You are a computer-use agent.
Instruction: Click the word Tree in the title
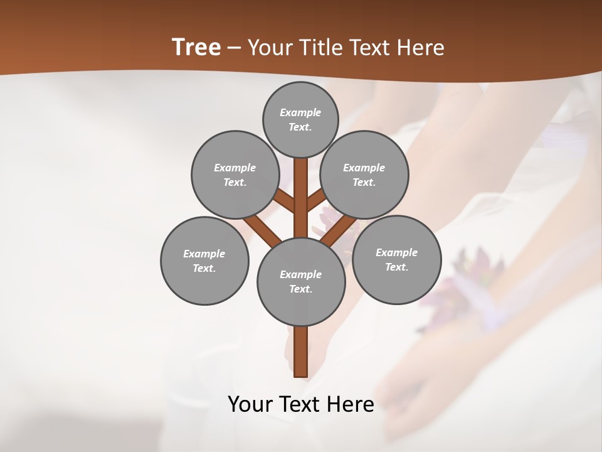click(196, 48)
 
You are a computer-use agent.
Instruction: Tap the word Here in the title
click(421, 48)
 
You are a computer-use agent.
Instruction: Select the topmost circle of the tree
click(300, 119)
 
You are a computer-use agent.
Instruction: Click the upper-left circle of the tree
click(235, 175)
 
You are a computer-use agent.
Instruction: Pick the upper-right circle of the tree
click(364, 175)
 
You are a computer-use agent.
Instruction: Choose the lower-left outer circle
click(204, 261)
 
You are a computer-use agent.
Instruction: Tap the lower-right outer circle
click(396, 259)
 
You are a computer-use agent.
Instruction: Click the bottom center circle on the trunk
click(301, 281)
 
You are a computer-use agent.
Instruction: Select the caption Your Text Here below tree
click(301, 404)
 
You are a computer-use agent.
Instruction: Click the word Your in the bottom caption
click(251, 404)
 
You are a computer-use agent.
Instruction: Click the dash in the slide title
click(234, 48)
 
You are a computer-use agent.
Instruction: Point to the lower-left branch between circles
click(262, 229)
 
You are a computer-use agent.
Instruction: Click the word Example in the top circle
click(300, 112)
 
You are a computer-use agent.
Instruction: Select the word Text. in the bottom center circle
click(300, 289)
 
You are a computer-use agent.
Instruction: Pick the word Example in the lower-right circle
click(396, 252)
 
